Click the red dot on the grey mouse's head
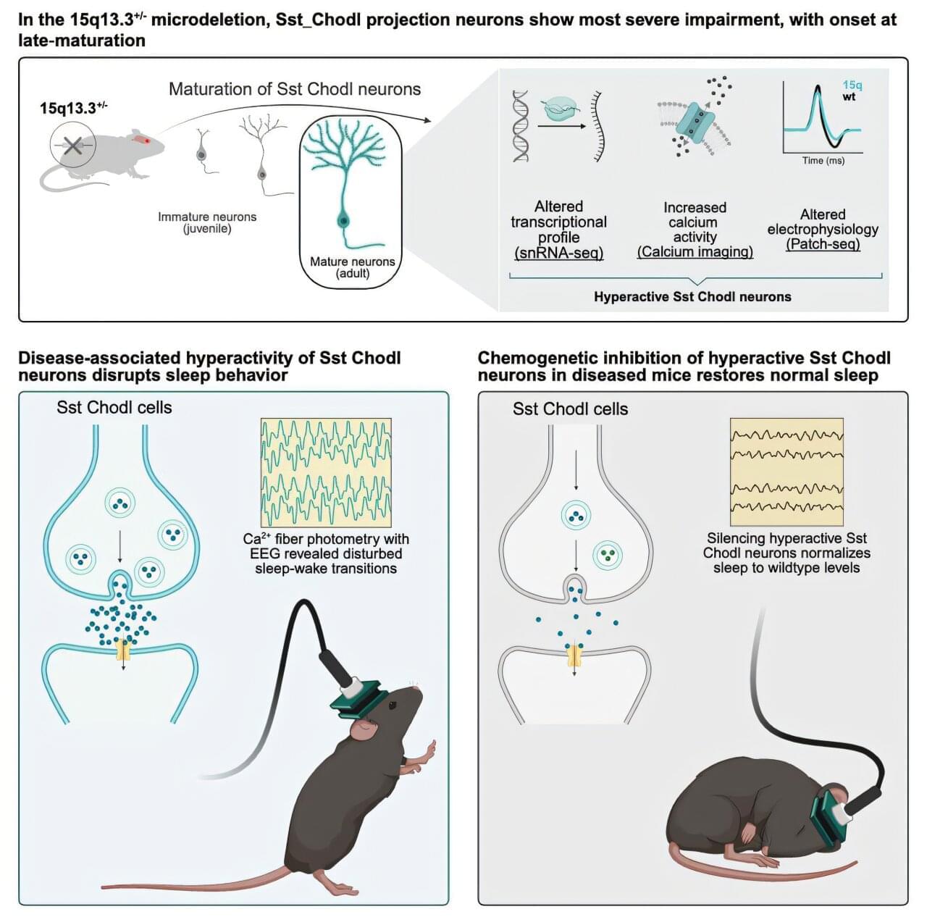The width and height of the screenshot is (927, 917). click(x=146, y=140)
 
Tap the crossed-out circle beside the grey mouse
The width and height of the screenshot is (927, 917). click(x=72, y=146)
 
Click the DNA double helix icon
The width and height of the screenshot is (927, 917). click(x=521, y=126)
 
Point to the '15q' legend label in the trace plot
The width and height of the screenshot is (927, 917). click(x=852, y=85)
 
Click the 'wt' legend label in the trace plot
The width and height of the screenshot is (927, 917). click(x=849, y=96)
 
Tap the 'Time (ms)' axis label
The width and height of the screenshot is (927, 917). click(x=823, y=160)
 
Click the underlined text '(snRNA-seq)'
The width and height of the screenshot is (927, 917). click(x=558, y=253)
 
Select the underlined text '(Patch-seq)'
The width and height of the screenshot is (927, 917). click(x=823, y=244)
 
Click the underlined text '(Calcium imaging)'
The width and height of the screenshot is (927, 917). click(x=695, y=252)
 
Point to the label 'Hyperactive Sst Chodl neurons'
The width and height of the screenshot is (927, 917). click(x=692, y=296)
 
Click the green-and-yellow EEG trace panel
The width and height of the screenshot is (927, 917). click(x=326, y=472)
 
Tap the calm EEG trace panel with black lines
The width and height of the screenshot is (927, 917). click(x=787, y=472)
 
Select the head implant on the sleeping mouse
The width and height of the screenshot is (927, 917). click(x=831, y=814)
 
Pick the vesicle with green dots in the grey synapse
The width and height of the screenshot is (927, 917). click(x=608, y=555)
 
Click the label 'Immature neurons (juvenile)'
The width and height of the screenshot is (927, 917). click(x=207, y=222)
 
